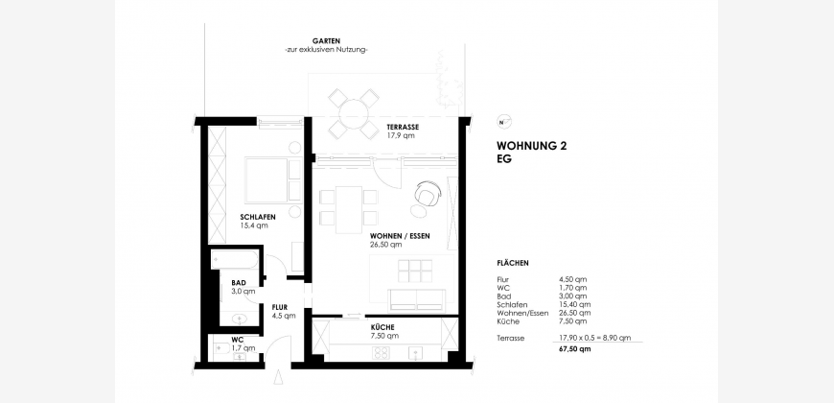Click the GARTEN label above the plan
click(326, 41)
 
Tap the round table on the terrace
click(354, 114)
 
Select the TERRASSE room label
click(403, 128)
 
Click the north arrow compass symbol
click(503, 122)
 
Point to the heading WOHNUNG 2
click(531, 146)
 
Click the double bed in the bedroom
click(273, 179)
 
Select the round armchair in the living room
click(428, 194)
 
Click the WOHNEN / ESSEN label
click(400, 236)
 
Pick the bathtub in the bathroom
click(235, 260)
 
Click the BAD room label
click(239, 283)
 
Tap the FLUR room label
click(280, 307)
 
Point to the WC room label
click(237, 340)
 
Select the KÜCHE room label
click(382, 327)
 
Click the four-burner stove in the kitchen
click(381, 353)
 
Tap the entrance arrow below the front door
click(278, 378)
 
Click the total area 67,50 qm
click(574, 349)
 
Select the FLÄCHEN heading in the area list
click(512, 263)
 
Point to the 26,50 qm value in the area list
click(575, 313)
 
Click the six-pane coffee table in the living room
click(415, 271)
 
